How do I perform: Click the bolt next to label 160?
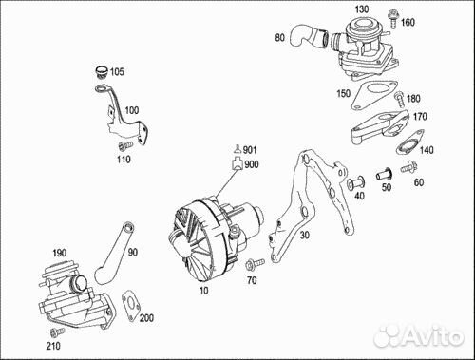pyautogui.click(x=393, y=18)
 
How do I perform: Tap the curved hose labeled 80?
pyautogui.click(x=309, y=36)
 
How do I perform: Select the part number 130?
pyautogui.click(x=361, y=9)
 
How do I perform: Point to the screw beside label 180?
pyautogui.click(x=399, y=99)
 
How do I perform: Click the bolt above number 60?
pyautogui.click(x=408, y=167)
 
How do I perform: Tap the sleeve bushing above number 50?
pyautogui.click(x=384, y=174)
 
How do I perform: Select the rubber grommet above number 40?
pyautogui.click(x=355, y=182)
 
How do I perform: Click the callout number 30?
pyautogui.click(x=304, y=235)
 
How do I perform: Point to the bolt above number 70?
pyautogui.click(x=255, y=263)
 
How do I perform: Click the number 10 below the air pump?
pyautogui.click(x=203, y=291)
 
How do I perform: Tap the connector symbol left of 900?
pyautogui.click(x=237, y=164)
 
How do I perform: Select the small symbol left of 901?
pyautogui.click(x=238, y=148)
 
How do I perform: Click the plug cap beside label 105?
pyautogui.click(x=102, y=72)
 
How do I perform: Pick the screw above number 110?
pyautogui.click(x=125, y=146)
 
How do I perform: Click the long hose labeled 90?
pyautogui.click(x=114, y=253)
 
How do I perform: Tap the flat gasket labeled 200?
pyautogui.click(x=131, y=305)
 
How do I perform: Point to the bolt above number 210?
pyautogui.click(x=57, y=332)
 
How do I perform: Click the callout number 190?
pyautogui.click(x=59, y=253)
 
